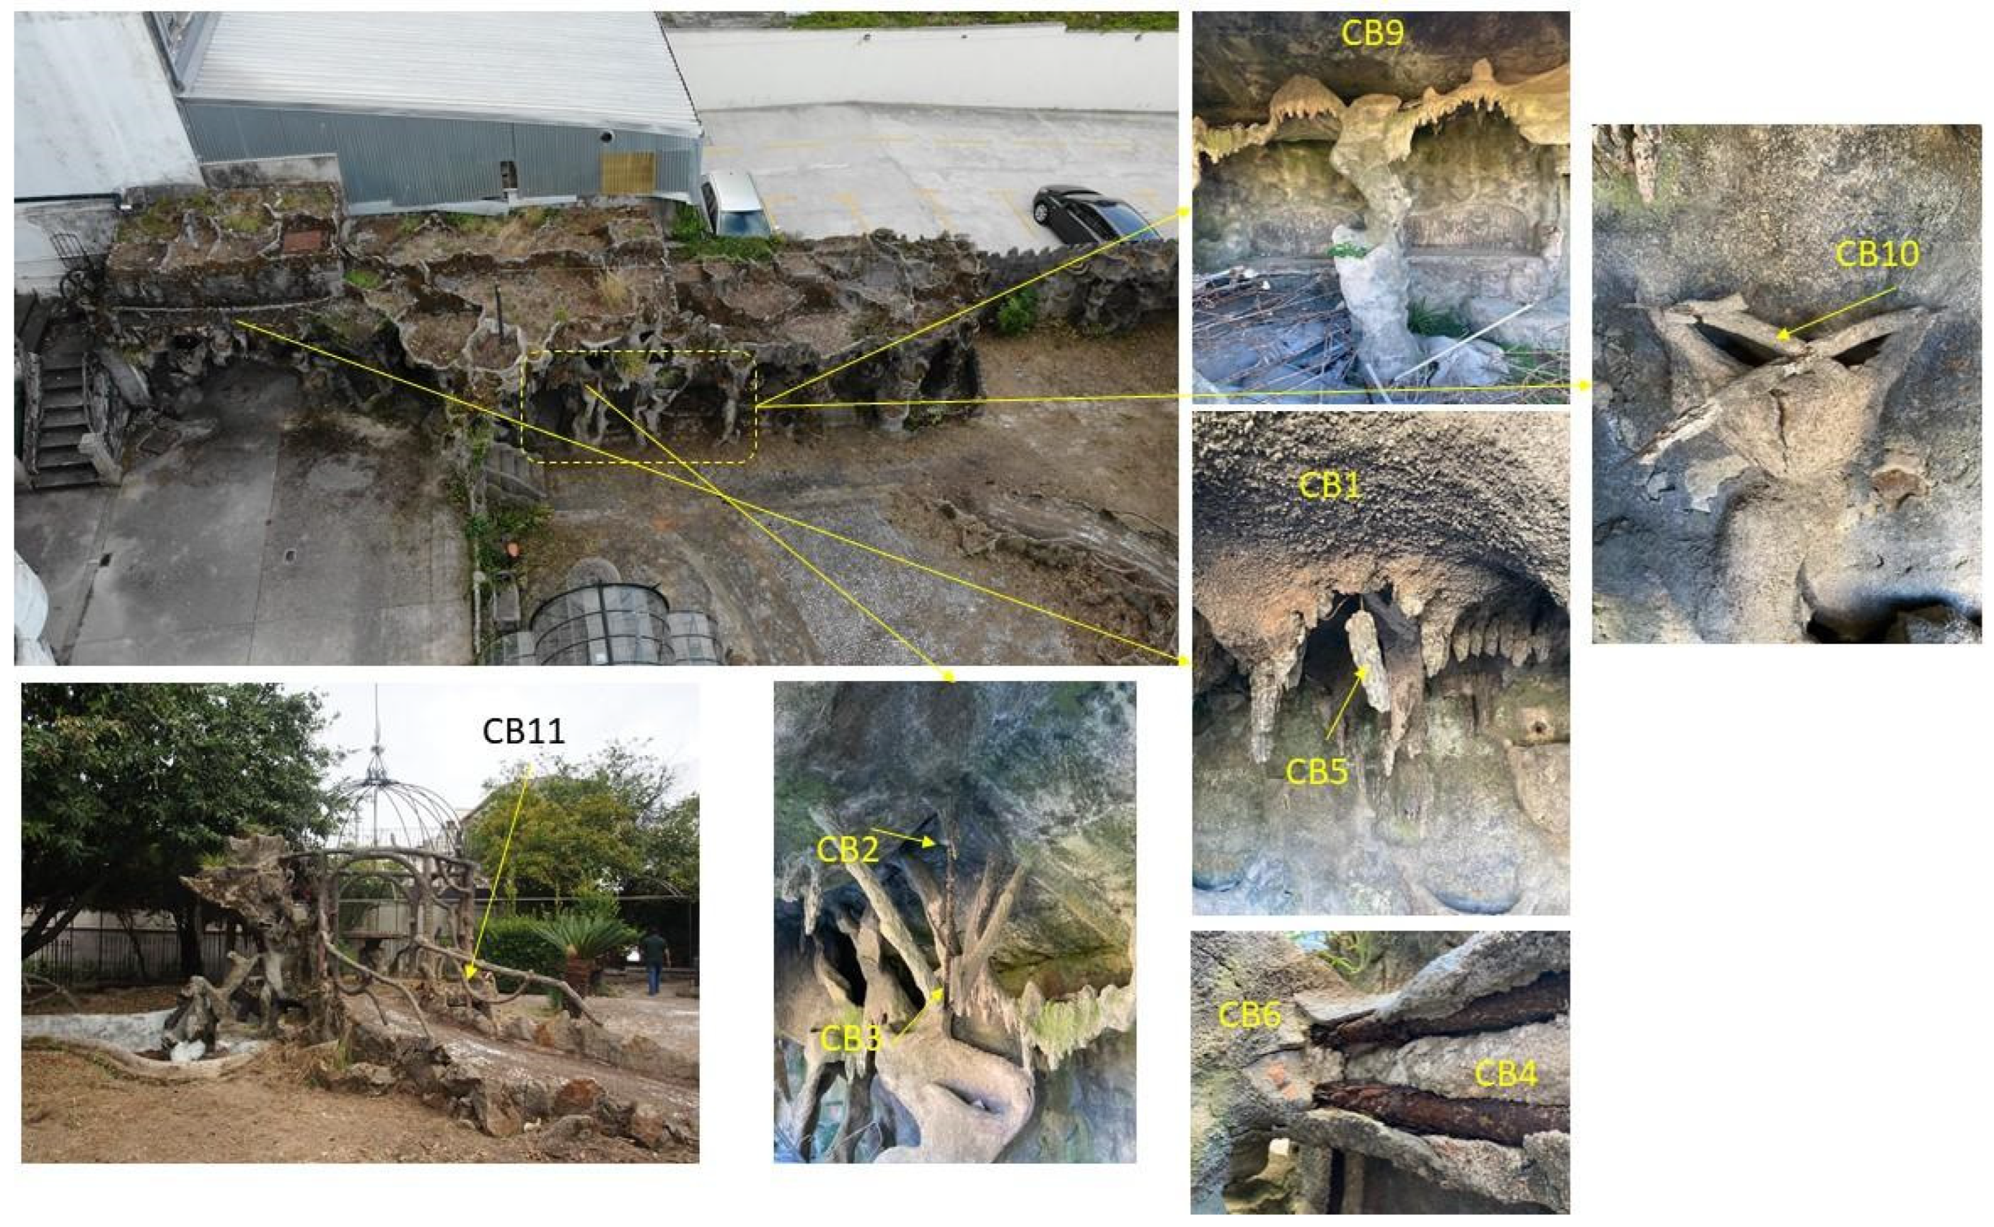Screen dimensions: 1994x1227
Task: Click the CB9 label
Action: point(1371,33)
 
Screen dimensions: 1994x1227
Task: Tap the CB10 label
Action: point(1877,255)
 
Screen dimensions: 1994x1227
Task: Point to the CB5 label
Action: point(1317,771)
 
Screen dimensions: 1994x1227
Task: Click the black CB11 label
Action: point(524,731)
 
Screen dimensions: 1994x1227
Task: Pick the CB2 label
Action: point(847,850)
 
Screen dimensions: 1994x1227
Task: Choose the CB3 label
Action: point(851,1039)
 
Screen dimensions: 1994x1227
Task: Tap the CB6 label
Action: point(1249,1014)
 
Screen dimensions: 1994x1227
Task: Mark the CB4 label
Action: point(1506,1075)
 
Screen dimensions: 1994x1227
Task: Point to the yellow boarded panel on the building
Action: point(628,172)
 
